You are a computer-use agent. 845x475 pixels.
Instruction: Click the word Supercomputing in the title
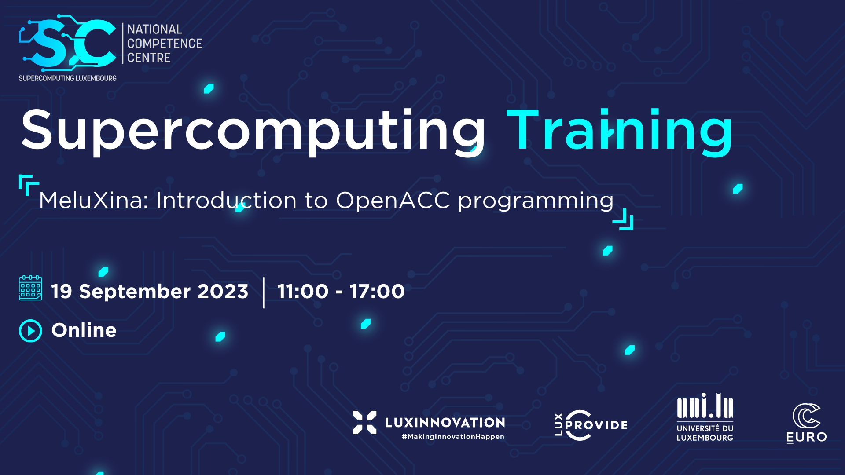253,131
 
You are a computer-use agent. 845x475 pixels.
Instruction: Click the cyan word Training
620,131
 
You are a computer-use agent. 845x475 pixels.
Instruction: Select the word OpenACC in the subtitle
393,201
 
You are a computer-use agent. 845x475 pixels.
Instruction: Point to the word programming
536,202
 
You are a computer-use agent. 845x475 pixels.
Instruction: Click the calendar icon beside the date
30,288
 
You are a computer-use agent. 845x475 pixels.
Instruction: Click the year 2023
223,291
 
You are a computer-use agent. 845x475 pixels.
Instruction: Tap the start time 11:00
303,291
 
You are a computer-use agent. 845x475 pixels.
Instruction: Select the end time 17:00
377,291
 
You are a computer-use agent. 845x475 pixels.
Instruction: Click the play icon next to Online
30,331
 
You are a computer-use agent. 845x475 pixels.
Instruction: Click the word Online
84,330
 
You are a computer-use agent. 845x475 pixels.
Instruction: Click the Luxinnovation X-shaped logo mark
365,422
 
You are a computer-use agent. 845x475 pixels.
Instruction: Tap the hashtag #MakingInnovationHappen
453,437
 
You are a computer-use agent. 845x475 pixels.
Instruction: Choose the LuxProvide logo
591,425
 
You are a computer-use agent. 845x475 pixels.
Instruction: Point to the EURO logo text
807,437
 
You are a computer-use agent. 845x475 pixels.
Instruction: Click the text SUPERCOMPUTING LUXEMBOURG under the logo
67,78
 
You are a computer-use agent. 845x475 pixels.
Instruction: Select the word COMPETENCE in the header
165,44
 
